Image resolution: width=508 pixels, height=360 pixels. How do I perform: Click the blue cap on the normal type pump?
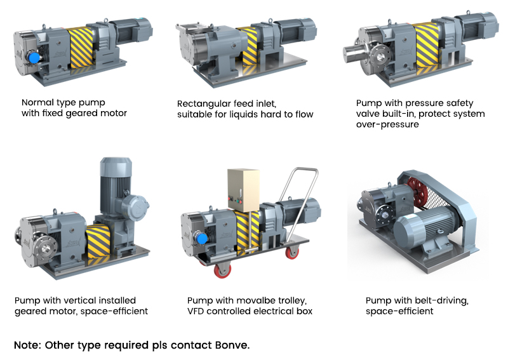tap(34, 58)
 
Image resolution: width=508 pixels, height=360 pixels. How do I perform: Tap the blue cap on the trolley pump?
tap(201, 239)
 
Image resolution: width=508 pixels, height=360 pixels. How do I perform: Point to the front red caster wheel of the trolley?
tap(224, 270)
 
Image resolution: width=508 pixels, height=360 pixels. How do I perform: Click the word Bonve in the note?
tap(232, 345)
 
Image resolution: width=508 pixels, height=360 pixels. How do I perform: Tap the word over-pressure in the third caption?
tap(387, 124)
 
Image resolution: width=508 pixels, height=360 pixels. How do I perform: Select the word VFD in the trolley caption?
tap(196, 311)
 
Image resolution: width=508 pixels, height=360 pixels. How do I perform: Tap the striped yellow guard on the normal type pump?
tap(80, 48)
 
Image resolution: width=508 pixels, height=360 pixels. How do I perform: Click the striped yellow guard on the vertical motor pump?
tap(98, 241)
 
